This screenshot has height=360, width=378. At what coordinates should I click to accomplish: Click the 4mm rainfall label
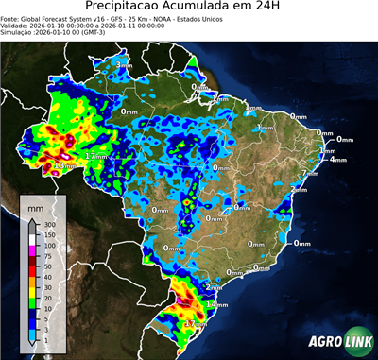[337, 160]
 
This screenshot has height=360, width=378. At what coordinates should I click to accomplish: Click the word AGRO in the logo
[322, 342]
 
